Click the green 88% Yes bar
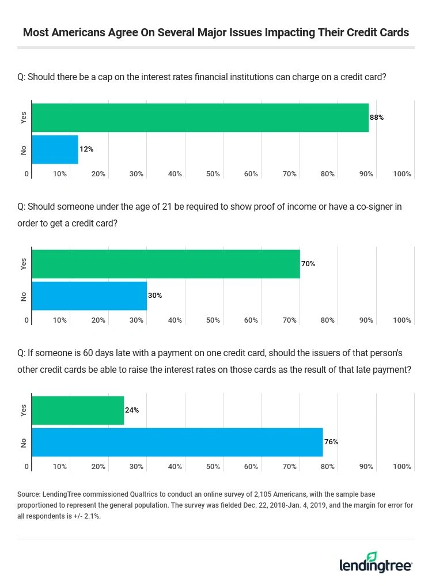click(x=200, y=118)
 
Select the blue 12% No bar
click(x=55, y=149)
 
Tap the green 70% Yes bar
click(x=166, y=264)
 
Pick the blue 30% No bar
click(x=89, y=296)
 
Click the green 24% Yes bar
click(x=78, y=410)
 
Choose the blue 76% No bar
click(x=177, y=442)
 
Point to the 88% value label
click(x=377, y=118)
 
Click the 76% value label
click(x=331, y=442)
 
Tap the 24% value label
click(x=132, y=410)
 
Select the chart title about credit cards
click(x=216, y=32)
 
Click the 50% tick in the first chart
click(x=213, y=174)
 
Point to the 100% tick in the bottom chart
click(x=401, y=467)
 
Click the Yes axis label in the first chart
click(x=24, y=118)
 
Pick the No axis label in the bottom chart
click(x=24, y=442)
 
